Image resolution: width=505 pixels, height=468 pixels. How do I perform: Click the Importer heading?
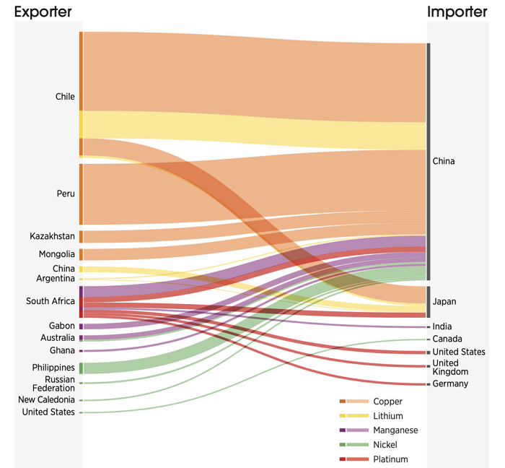pyautogui.click(x=457, y=12)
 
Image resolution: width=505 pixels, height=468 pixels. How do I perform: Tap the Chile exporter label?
pyautogui.click(x=65, y=97)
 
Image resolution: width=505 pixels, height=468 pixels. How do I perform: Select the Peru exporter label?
pyautogui.click(x=66, y=194)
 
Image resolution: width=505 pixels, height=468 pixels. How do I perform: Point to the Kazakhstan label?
pyautogui.click(x=52, y=236)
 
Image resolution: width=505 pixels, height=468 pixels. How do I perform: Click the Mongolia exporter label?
pyautogui.click(x=56, y=254)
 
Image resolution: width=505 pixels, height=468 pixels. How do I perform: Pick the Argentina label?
pyautogui.click(x=56, y=279)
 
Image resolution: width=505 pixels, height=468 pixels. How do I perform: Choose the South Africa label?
pyautogui.click(x=50, y=301)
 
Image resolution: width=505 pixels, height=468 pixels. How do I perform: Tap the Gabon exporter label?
pyautogui.click(x=61, y=326)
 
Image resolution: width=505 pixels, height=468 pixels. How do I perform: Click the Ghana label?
pyautogui.click(x=62, y=350)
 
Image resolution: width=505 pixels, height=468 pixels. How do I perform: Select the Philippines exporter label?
pyautogui.click(x=53, y=368)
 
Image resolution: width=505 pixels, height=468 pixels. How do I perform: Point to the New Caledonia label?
pyautogui.click(x=46, y=399)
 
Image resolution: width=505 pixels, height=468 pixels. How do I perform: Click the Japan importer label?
pyautogui.click(x=444, y=302)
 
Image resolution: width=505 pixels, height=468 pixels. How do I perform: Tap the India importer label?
pyautogui.click(x=442, y=326)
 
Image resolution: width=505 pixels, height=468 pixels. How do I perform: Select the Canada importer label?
pyautogui.click(x=447, y=339)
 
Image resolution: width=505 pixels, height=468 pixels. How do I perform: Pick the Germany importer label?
pyautogui.click(x=450, y=383)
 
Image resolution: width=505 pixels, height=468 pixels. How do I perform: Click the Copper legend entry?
pyautogui.click(x=387, y=402)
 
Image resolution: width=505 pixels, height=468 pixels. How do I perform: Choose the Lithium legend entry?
pyautogui.click(x=387, y=416)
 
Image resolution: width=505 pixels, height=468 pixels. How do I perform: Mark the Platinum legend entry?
pyautogui.click(x=390, y=459)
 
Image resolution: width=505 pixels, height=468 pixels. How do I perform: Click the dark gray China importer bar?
pyautogui.click(x=429, y=161)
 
